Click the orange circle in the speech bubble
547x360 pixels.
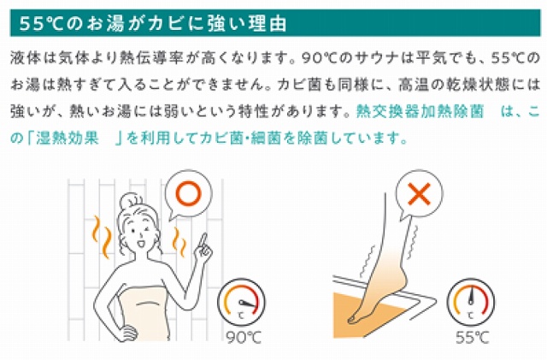click(189, 194)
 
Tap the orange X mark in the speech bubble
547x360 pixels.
click(420, 193)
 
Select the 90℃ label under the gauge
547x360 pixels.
click(244, 337)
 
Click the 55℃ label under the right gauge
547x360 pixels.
click(472, 337)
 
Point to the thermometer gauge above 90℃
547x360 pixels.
click(241, 303)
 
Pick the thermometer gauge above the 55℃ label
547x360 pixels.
click(471, 303)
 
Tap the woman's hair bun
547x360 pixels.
click(131, 200)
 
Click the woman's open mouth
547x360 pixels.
click(141, 243)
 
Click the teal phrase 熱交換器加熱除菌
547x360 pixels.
click(420, 111)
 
